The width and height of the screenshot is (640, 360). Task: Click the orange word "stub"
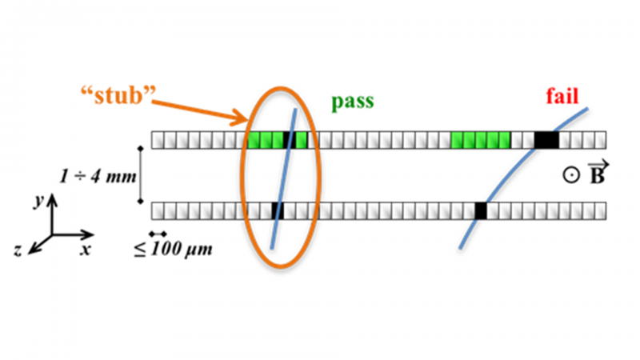(x=118, y=95)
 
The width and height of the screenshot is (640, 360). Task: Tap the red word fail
(x=562, y=96)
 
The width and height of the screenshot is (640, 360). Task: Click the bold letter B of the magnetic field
(x=598, y=176)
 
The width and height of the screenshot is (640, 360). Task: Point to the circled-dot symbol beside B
(x=571, y=175)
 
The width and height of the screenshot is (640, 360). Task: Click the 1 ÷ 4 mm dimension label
(x=98, y=176)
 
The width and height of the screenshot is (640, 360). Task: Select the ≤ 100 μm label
(x=173, y=249)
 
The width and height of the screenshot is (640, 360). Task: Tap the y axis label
(x=39, y=201)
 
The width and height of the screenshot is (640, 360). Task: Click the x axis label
(x=85, y=249)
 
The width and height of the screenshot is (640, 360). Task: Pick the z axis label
(x=18, y=250)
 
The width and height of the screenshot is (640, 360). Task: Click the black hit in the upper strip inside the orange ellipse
(x=290, y=140)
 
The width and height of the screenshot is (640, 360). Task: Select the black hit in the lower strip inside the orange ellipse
(x=278, y=211)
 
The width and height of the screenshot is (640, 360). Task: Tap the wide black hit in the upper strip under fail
(x=546, y=140)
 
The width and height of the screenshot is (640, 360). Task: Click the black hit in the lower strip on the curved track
(x=481, y=211)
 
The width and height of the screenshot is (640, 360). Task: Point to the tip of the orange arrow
(x=246, y=120)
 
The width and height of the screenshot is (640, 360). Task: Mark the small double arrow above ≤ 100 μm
(x=158, y=234)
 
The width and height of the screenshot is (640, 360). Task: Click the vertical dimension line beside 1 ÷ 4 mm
(x=141, y=174)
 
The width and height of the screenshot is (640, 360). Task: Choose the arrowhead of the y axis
(x=52, y=199)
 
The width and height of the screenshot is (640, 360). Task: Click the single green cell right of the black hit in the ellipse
(x=302, y=140)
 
